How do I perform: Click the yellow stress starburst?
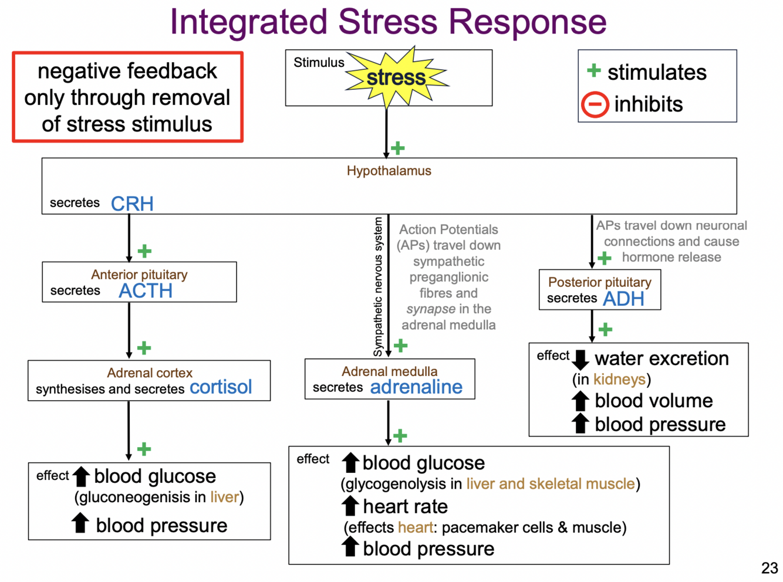coord(396,77)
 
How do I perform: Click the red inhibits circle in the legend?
coord(595,105)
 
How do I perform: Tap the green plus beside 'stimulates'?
coord(593,71)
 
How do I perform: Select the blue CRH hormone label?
coord(132,204)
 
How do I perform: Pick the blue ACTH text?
coord(146,290)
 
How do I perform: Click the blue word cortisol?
coord(221,387)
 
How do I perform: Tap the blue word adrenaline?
coord(416,387)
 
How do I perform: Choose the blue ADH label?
coord(623,299)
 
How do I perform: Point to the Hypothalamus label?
coord(389,171)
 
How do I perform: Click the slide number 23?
coord(770,568)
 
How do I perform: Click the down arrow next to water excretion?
coord(580,359)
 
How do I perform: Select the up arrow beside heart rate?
coord(350,506)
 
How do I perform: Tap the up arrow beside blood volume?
coord(580,401)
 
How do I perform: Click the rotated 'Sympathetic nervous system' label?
coord(378,287)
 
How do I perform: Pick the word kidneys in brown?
coord(619,380)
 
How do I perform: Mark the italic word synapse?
coord(431,309)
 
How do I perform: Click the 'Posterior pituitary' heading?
coord(599,282)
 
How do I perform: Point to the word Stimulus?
coord(319,63)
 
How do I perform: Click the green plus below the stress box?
coord(398,148)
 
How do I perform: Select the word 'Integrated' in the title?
coord(248,22)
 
